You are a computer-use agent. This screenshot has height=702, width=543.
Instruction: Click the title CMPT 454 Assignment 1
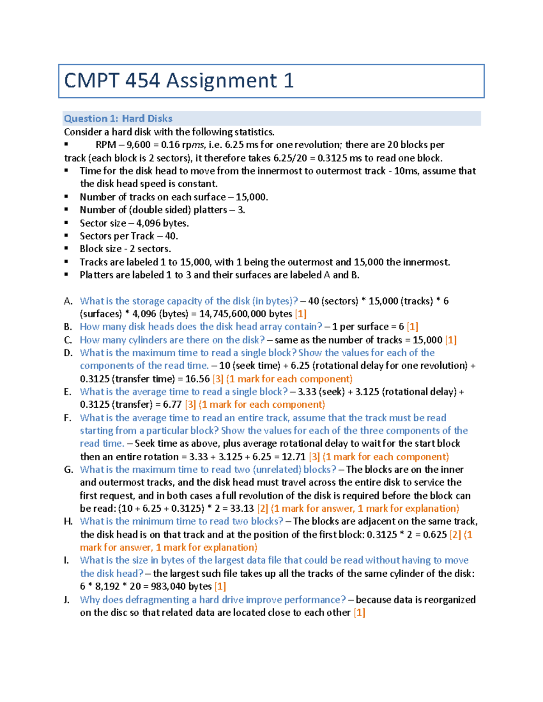click(x=179, y=81)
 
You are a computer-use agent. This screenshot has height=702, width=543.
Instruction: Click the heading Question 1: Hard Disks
click(x=118, y=118)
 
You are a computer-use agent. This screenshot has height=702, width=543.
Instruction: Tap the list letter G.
click(x=68, y=470)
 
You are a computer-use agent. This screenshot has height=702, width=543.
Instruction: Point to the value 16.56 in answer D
click(x=198, y=379)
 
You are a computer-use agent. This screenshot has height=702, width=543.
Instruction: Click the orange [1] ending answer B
click(x=412, y=327)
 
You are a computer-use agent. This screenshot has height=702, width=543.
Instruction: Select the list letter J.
click(x=67, y=600)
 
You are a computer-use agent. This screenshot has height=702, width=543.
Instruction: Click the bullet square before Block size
click(x=66, y=248)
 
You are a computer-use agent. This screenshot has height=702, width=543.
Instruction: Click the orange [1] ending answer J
click(x=359, y=612)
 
